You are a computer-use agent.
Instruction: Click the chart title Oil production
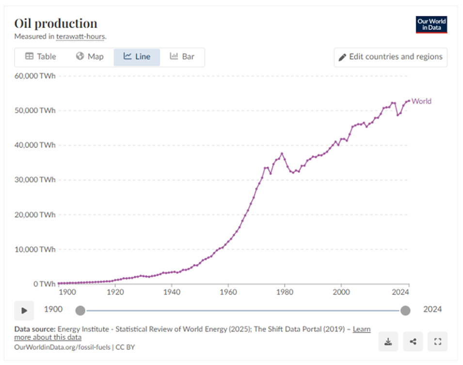56,23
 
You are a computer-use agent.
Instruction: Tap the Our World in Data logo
431,25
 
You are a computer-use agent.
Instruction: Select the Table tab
41,57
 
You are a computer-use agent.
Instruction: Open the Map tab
90,57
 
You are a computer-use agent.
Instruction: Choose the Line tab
137,57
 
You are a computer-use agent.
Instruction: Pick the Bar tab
182,57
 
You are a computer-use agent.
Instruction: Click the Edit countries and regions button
390,57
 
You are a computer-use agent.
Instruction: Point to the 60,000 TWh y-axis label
34,76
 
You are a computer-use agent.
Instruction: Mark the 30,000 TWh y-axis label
34,180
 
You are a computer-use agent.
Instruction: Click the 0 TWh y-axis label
43,284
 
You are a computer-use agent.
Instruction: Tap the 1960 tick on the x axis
227,293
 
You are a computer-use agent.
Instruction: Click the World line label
421,101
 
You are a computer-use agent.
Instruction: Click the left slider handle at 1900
80,310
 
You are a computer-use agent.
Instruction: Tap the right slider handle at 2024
405,310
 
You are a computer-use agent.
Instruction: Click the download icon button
388,342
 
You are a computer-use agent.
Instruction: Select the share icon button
413,342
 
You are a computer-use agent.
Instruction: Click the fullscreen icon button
438,342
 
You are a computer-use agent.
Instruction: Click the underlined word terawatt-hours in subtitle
81,36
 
